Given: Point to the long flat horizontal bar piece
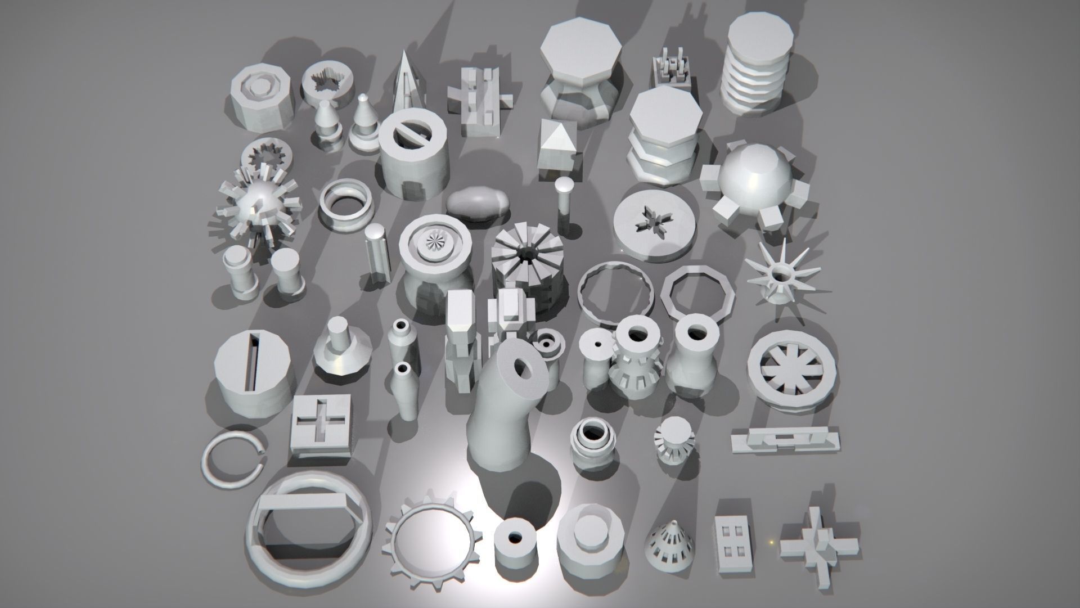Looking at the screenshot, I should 786,438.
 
